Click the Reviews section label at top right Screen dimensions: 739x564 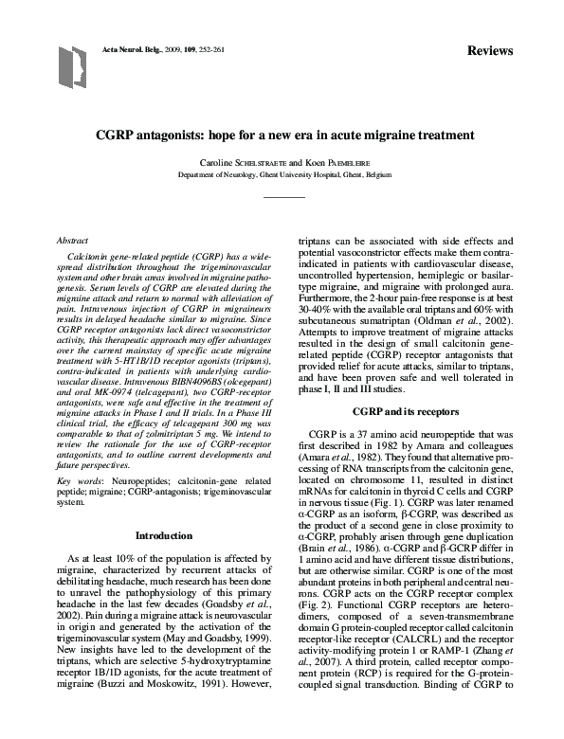point(490,50)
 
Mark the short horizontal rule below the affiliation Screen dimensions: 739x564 point(283,197)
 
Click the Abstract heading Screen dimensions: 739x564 point(74,243)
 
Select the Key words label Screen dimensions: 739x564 point(78,481)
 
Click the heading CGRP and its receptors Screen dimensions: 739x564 point(406,413)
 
